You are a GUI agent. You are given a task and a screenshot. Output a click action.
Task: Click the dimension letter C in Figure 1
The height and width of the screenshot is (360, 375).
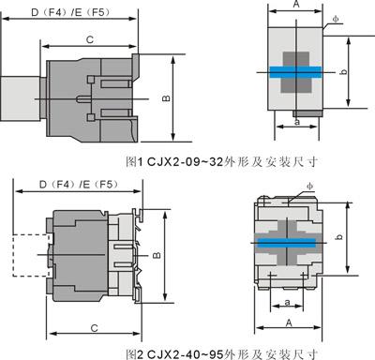(x=90, y=39)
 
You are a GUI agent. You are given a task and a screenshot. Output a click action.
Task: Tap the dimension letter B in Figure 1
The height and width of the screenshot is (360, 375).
(x=166, y=97)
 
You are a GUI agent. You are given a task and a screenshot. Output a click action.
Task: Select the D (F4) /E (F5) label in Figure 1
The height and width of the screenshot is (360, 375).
(x=70, y=12)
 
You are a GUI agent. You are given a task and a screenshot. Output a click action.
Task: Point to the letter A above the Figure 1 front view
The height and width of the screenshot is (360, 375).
(x=296, y=4)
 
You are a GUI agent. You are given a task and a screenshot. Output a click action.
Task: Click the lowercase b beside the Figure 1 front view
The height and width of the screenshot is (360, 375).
(x=343, y=71)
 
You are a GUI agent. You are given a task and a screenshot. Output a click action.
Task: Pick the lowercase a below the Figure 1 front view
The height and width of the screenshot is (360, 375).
(x=297, y=122)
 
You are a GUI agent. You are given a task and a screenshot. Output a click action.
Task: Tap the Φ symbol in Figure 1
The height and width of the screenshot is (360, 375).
(x=336, y=19)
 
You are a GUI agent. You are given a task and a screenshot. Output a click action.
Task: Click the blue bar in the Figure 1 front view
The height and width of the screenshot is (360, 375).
(x=295, y=72)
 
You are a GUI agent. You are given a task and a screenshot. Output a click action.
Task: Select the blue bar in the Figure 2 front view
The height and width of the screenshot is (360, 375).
(x=286, y=243)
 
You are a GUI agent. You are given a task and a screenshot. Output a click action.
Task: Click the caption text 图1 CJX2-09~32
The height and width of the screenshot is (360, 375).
(x=174, y=162)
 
